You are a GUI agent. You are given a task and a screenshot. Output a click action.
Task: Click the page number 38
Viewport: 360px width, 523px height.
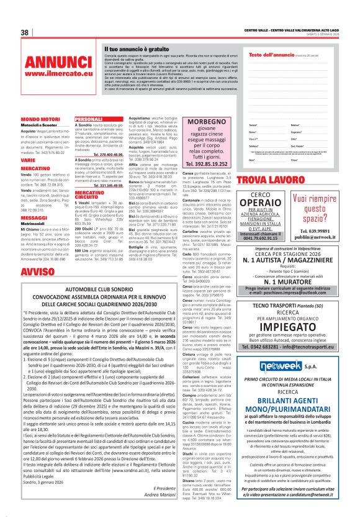pyautogui.click(x=25, y=32)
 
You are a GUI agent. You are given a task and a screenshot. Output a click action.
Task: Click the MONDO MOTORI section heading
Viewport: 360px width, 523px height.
pyautogui.click(x=40, y=119)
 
